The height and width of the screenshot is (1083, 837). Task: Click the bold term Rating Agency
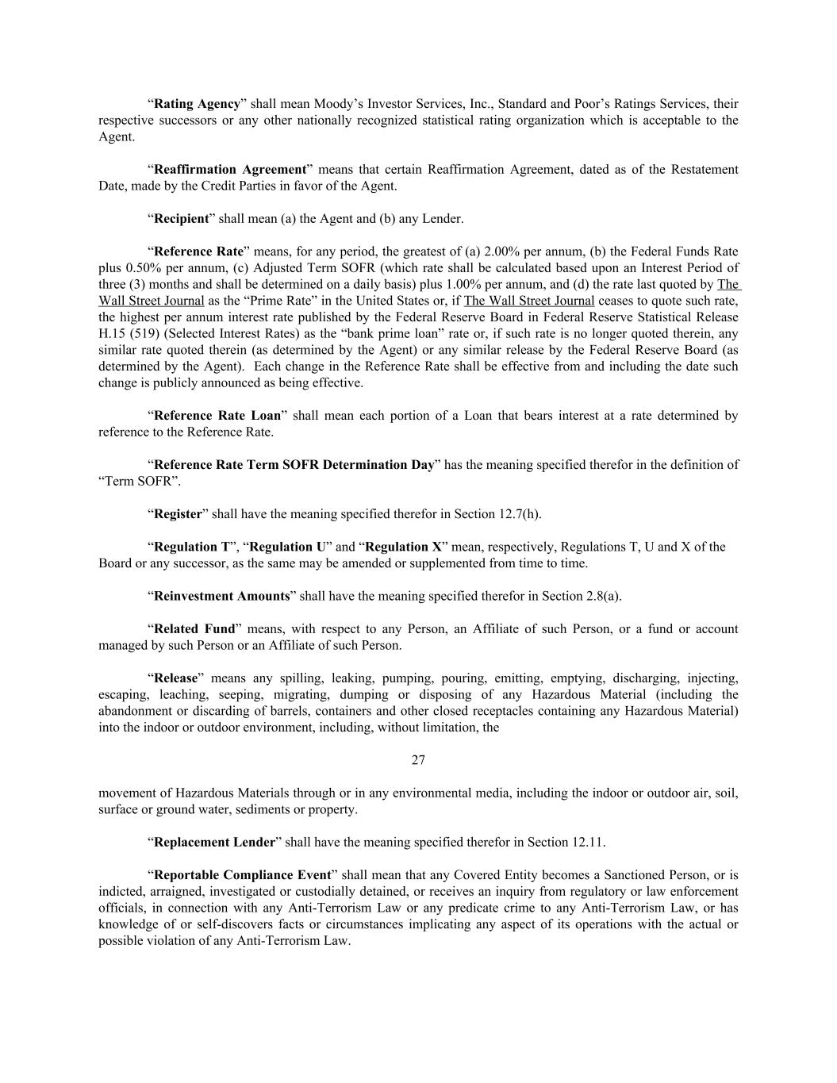click(197, 104)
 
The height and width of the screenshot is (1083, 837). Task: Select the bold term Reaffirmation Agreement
click(230, 170)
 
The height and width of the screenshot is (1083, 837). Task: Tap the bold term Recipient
click(181, 219)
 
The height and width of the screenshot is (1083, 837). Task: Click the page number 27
click(418, 760)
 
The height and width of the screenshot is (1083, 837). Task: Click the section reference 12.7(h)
click(520, 514)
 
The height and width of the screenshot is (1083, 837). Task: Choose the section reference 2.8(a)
click(602, 596)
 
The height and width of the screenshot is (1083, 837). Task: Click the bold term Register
click(178, 514)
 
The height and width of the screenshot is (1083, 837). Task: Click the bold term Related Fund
click(194, 629)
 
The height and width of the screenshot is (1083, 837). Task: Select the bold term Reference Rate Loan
click(217, 416)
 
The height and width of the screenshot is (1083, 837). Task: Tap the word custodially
click(360, 892)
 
